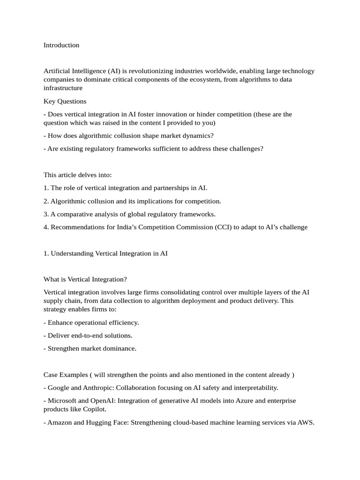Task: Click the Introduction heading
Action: click(x=61, y=45)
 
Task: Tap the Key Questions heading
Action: click(x=65, y=101)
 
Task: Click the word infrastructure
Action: click(x=63, y=88)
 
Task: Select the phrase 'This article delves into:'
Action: click(x=78, y=175)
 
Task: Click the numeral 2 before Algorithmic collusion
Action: click(x=45, y=201)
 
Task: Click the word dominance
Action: click(x=121, y=349)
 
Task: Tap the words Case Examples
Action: click(x=65, y=375)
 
